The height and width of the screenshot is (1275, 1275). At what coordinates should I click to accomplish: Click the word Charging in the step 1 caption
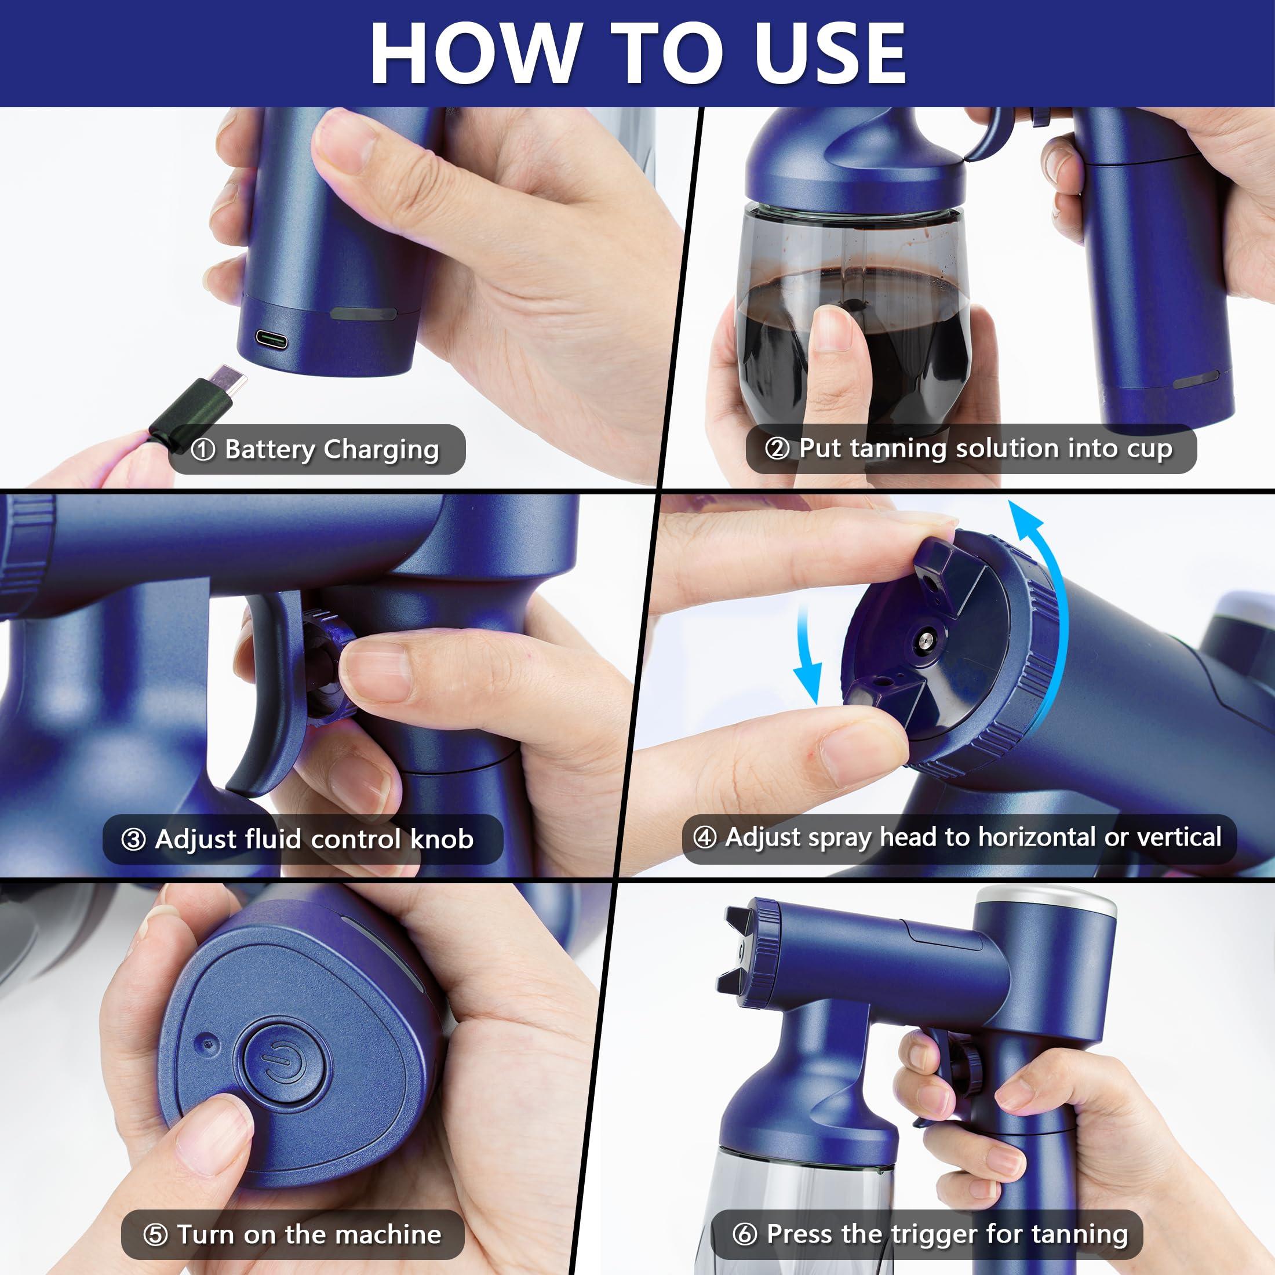point(381,450)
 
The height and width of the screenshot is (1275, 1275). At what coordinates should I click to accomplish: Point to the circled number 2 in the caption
point(777,449)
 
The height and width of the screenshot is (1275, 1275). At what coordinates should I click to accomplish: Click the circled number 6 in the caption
point(744,1234)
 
